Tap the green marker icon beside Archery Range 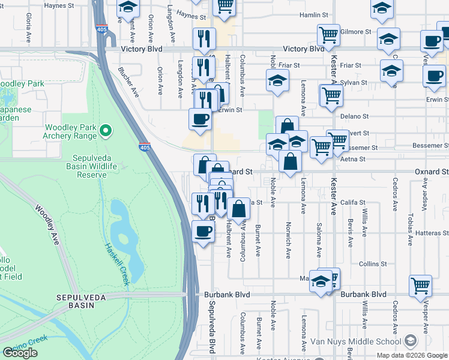[x=106, y=130]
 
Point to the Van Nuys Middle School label [x=355, y=342]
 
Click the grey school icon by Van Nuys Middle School [x=411, y=341]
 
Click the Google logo [x=20, y=353]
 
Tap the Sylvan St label [x=354, y=82]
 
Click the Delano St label [x=355, y=116]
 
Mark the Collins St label [x=373, y=264]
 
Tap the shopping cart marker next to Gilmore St [x=329, y=35]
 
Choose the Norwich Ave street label [x=288, y=246]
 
